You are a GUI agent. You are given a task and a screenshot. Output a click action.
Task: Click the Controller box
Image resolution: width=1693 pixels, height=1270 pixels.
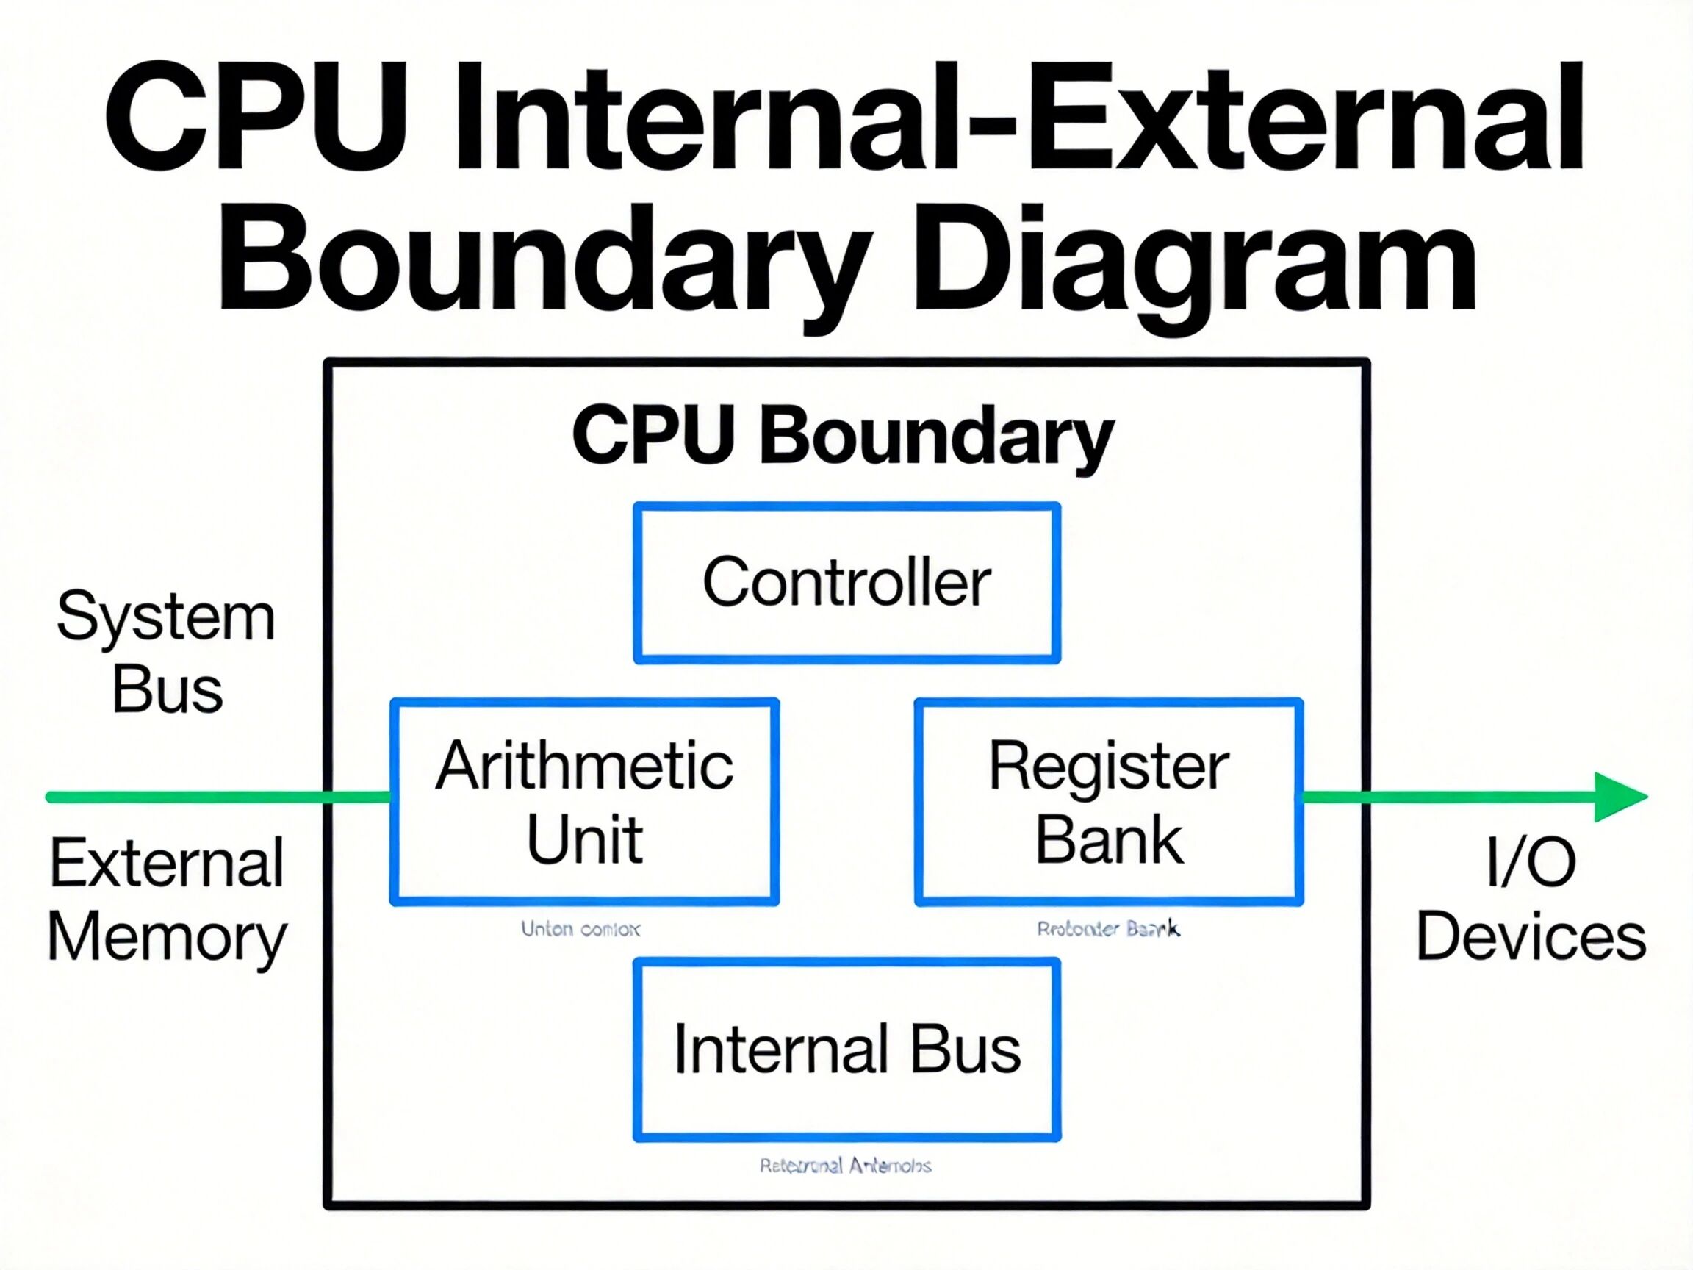pyautogui.click(x=846, y=583)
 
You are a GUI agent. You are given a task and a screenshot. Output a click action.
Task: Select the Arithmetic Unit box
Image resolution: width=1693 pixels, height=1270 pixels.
pyautogui.click(x=584, y=802)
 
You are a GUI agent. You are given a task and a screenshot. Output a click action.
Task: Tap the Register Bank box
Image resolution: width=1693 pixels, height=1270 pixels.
pyautogui.click(x=1109, y=802)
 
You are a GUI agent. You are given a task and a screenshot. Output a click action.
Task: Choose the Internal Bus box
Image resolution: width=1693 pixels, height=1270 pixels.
pyautogui.click(x=846, y=1050)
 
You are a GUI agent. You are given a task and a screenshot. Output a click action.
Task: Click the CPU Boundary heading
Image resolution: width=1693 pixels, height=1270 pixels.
pyautogui.click(x=843, y=437)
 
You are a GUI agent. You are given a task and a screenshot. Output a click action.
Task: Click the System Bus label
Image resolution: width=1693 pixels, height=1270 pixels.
pyautogui.click(x=166, y=653)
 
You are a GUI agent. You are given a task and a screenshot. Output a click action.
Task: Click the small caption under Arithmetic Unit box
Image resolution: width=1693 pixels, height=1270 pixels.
pyautogui.click(x=580, y=929)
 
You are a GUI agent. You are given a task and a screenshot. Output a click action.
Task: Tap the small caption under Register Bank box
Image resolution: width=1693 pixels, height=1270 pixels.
pyautogui.click(x=1108, y=929)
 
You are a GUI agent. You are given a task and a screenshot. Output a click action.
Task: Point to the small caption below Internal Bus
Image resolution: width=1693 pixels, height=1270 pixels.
pyautogui.click(x=845, y=1166)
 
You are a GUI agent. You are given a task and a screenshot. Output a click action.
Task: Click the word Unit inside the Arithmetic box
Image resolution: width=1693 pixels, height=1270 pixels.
pyautogui.click(x=585, y=840)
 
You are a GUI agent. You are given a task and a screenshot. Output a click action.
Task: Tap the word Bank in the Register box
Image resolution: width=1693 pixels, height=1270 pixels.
pyautogui.click(x=1109, y=840)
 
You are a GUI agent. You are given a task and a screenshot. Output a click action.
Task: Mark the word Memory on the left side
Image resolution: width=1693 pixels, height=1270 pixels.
pyautogui.click(x=167, y=939)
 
